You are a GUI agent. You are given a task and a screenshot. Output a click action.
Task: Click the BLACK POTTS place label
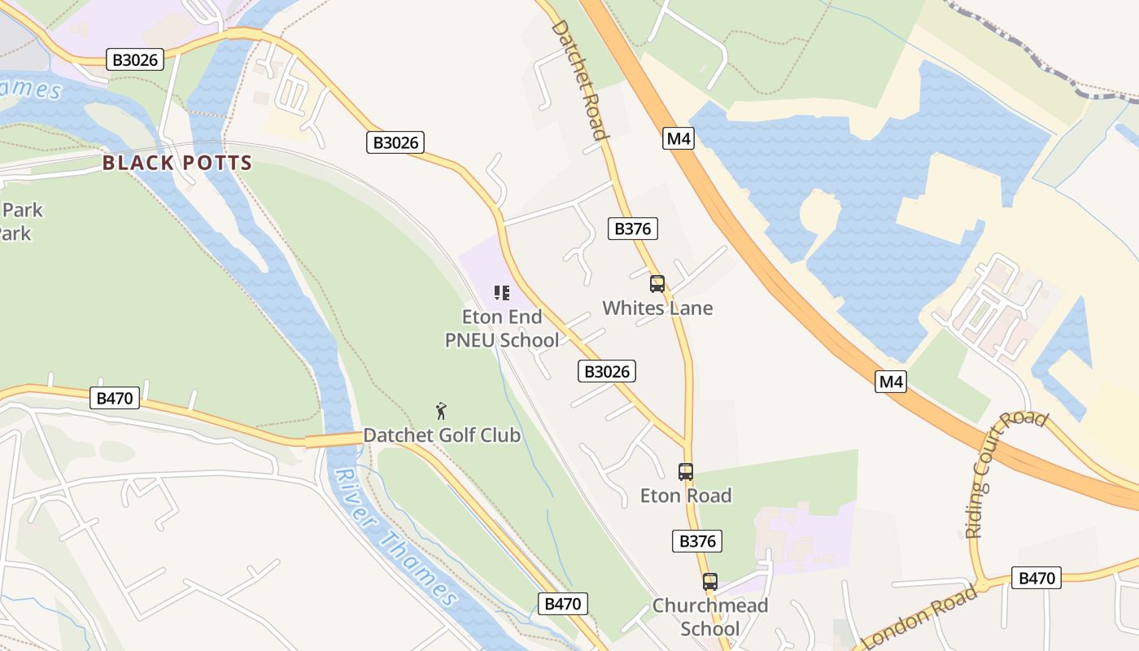(x=177, y=163)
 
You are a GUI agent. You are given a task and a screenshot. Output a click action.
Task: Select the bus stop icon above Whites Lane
(x=657, y=284)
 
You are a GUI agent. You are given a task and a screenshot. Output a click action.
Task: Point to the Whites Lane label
(x=657, y=308)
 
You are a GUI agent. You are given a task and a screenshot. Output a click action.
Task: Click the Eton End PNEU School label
(x=502, y=329)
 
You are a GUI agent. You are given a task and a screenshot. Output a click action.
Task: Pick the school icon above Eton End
(x=502, y=293)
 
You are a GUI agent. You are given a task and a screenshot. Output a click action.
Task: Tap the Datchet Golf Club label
(x=442, y=435)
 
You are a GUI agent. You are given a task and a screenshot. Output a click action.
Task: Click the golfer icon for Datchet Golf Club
(x=442, y=411)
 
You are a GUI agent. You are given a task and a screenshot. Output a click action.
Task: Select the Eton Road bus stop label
(x=686, y=496)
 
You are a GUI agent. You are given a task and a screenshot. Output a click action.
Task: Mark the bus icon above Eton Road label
(x=686, y=472)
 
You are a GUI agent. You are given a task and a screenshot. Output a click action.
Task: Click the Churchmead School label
(x=710, y=617)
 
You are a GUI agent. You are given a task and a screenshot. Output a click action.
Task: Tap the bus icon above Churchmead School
(x=710, y=582)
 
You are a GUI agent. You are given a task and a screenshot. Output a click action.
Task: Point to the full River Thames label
(x=397, y=537)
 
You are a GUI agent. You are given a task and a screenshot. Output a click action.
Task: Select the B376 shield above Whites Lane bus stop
(x=632, y=229)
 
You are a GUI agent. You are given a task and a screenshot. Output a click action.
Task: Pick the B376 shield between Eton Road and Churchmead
(x=697, y=541)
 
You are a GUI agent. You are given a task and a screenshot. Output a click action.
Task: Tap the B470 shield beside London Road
(x=1036, y=579)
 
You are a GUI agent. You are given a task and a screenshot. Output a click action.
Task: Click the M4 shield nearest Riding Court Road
(x=891, y=381)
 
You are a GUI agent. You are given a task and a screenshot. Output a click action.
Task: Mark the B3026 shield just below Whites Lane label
(x=607, y=372)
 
